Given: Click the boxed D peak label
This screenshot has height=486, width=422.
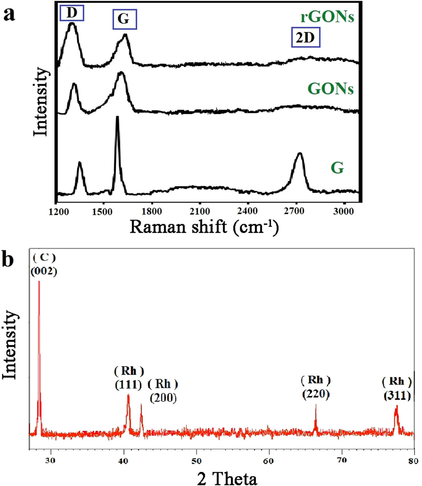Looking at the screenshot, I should tap(72, 13).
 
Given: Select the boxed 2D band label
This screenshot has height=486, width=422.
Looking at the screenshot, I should tap(305, 38).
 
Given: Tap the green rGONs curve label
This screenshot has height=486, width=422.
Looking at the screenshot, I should tap(327, 17).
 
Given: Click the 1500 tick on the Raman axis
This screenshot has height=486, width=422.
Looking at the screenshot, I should tap(103, 211).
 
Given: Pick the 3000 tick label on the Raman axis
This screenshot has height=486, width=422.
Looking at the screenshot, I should tap(343, 211).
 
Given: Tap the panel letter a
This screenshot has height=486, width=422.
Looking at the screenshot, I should tap(9, 15).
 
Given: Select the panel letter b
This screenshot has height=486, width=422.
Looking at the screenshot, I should tap(8, 260).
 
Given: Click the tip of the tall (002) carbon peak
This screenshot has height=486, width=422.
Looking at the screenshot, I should tap(39, 282).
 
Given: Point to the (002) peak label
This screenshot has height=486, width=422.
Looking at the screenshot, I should tap(44, 271).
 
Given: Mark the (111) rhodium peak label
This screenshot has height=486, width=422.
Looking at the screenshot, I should tap(129, 385).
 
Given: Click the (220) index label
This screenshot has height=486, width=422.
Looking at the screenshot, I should tap(316, 394).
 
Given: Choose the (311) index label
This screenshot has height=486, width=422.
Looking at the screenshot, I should tap(397, 396).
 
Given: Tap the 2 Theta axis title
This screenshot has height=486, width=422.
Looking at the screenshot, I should tap(227, 478).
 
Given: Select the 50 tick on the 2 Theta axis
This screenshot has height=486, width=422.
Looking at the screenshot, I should tap(196, 461).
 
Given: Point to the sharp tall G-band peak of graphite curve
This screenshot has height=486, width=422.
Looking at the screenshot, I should tap(117, 117).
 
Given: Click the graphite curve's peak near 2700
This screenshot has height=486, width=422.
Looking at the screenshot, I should tap(300, 153).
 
